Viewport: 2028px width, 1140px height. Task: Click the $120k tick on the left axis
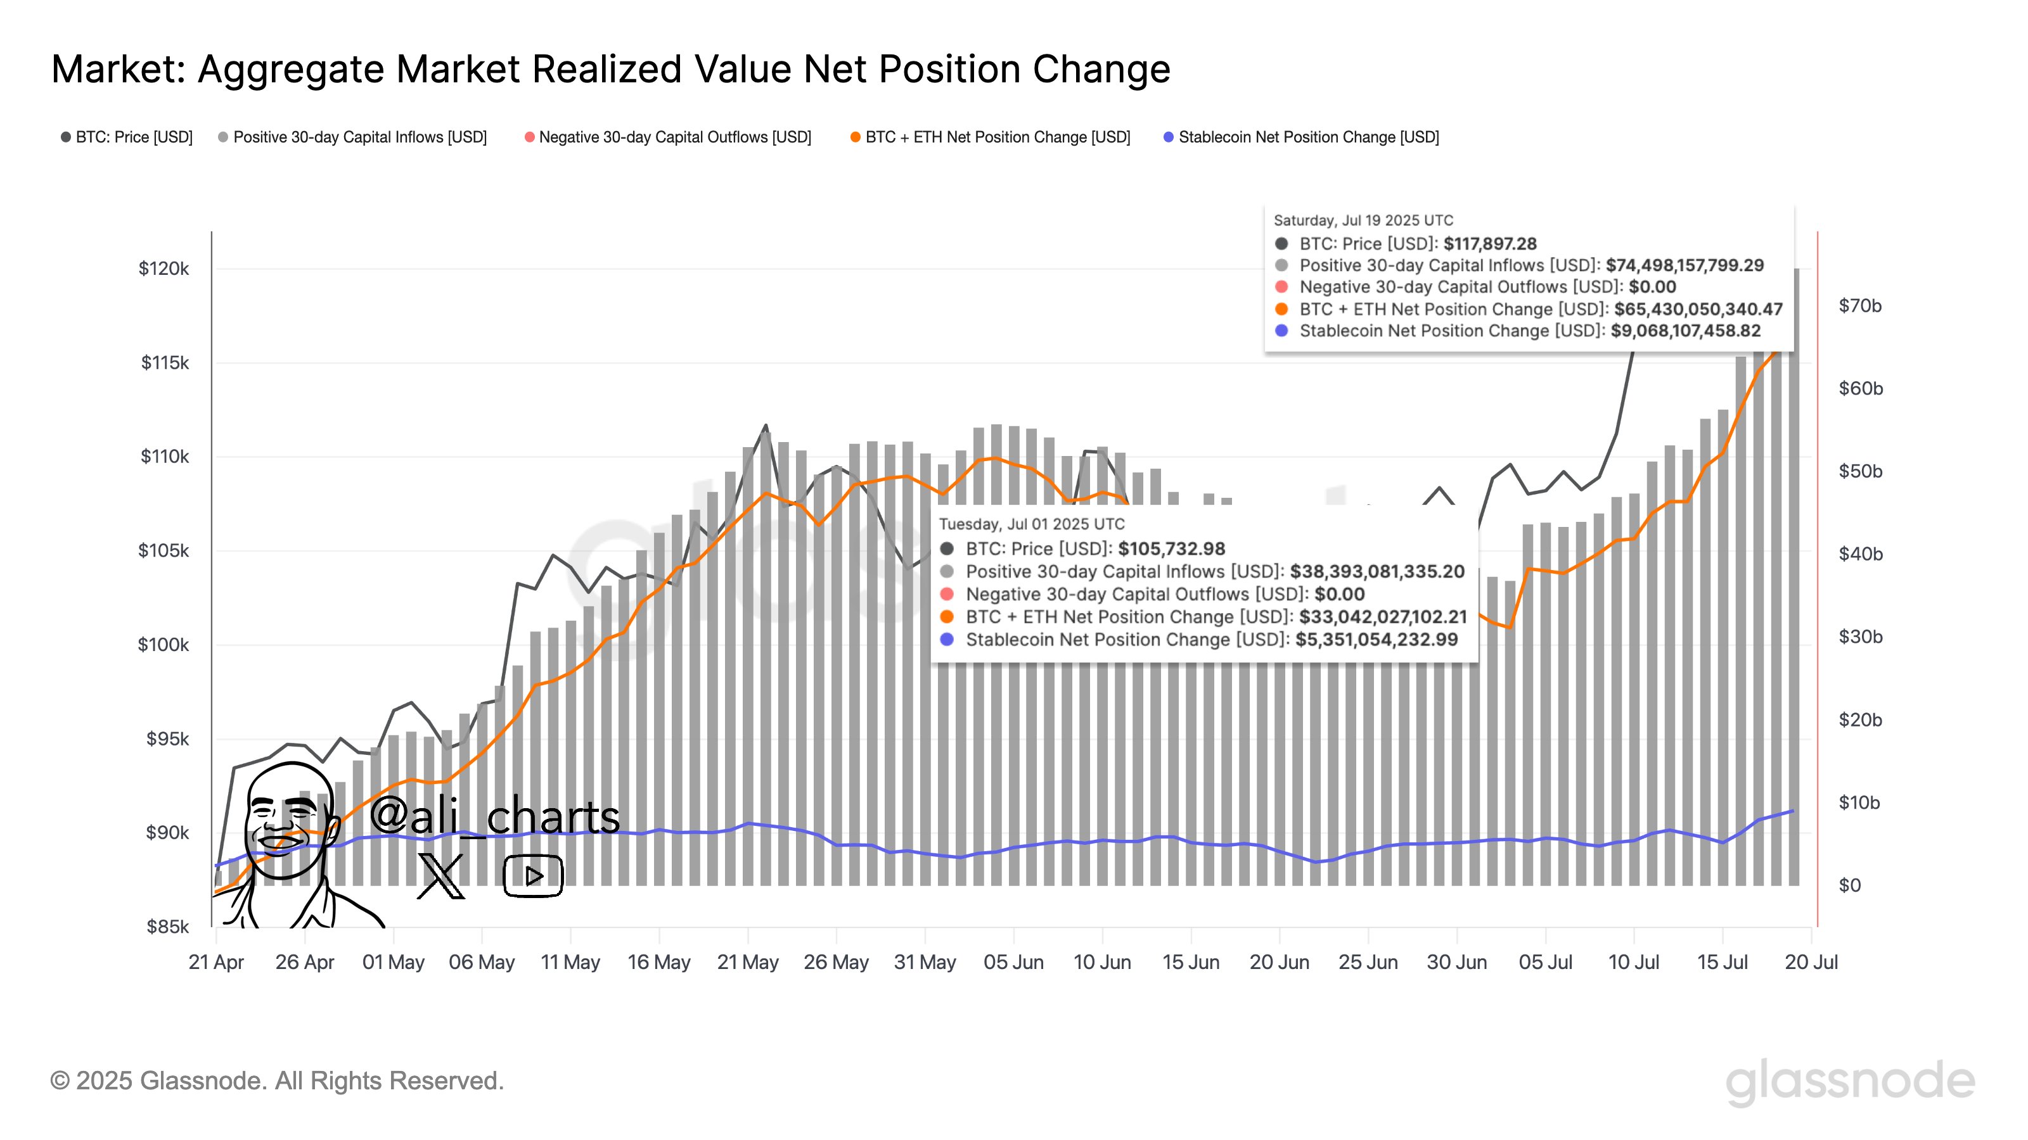[164, 269]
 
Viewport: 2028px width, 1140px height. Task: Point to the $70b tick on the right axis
[1860, 306]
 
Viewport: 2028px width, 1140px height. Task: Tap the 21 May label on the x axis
[747, 962]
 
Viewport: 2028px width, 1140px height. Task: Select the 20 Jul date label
[1811, 962]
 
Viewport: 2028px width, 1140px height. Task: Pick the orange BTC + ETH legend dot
[855, 137]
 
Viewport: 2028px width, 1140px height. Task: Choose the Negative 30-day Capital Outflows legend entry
[674, 137]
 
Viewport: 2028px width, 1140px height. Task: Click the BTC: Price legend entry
[133, 137]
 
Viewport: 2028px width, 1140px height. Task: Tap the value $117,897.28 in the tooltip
[1489, 244]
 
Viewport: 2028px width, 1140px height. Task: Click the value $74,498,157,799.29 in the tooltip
[1684, 265]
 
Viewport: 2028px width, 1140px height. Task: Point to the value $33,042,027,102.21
[1382, 617]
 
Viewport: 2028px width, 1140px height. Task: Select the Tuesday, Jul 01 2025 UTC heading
[1031, 524]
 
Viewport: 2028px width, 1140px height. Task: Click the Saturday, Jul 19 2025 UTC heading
[1363, 220]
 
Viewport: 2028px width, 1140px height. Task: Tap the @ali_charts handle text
[494, 815]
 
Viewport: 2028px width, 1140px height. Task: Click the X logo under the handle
[441, 875]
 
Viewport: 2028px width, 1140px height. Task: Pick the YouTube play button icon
[533, 875]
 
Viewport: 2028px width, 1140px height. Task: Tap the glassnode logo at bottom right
[1849, 1081]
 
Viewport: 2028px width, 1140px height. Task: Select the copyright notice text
[276, 1081]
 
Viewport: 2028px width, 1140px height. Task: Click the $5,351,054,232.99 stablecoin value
[1376, 640]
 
